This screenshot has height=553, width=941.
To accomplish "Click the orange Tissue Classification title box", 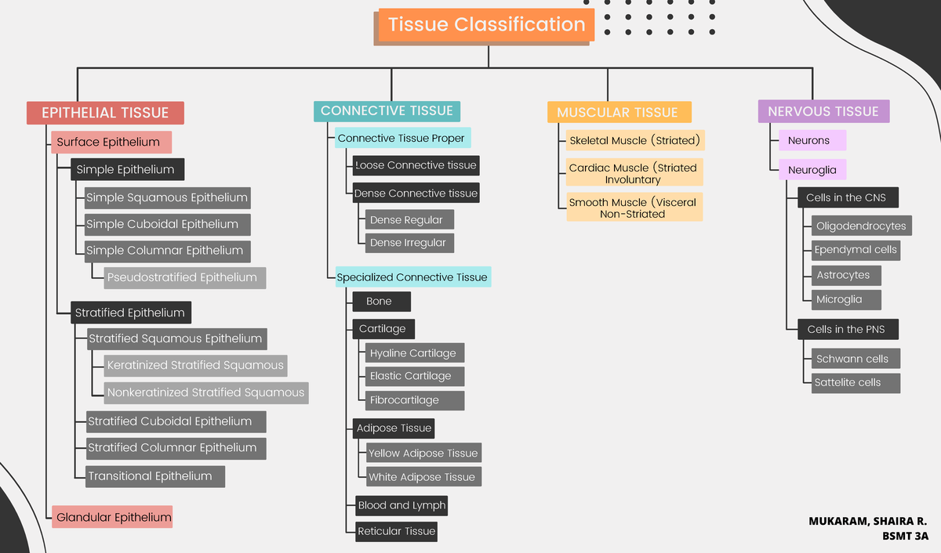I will point(486,24).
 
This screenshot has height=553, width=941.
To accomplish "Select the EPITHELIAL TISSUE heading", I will point(105,113).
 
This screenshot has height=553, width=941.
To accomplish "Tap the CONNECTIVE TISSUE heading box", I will point(387,110).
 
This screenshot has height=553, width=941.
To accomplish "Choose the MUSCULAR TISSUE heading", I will point(618,112).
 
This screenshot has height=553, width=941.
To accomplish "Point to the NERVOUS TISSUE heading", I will point(823,111).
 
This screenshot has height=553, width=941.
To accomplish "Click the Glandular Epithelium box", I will point(113,517).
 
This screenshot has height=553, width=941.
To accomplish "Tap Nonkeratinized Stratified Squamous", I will point(206,392).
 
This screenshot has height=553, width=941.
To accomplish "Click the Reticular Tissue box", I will point(396,531).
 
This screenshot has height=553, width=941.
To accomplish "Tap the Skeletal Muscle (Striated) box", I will point(634,140).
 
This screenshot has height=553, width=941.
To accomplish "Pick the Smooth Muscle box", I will point(634,208).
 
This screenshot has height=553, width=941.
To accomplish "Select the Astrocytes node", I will point(843,275).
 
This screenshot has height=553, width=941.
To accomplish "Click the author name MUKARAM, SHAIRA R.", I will point(868,521).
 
